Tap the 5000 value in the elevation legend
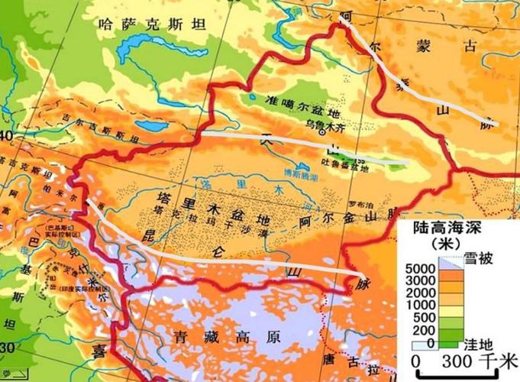(420, 270)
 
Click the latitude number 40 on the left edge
(8, 136)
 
